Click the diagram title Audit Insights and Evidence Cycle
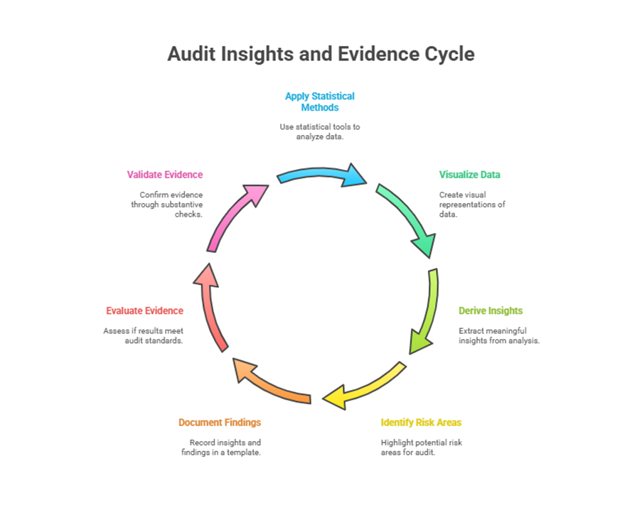(321, 54)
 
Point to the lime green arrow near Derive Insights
(424, 310)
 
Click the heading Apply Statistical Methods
(319, 102)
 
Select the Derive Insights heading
(491, 311)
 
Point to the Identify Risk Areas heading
(421, 423)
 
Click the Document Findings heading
(220, 423)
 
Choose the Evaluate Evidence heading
(144, 311)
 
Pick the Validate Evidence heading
(165, 175)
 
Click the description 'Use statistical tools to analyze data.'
(319, 131)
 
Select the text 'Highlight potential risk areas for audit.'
(422, 448)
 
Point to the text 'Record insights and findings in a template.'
(221, 448)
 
